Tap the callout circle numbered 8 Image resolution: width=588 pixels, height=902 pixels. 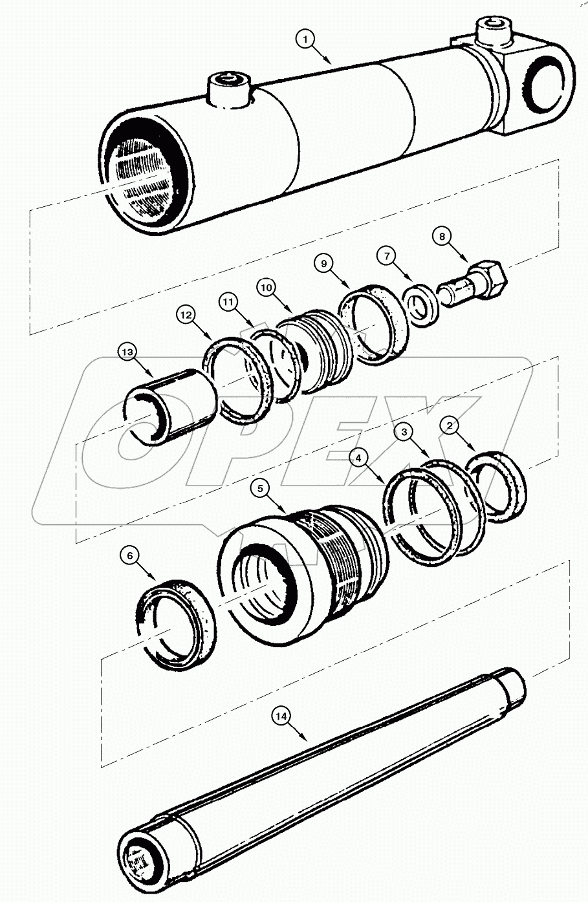[442, 237]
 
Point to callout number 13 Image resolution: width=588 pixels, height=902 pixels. [127, 352]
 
